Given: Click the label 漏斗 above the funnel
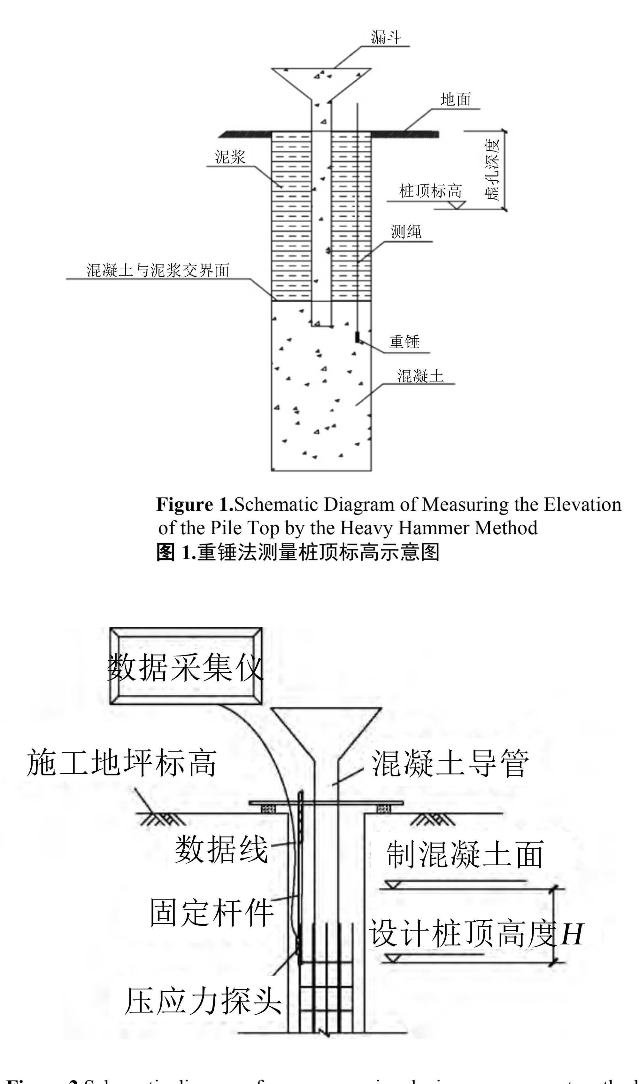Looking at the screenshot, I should click(386, 37).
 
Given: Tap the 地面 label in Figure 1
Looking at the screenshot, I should click(456, 99).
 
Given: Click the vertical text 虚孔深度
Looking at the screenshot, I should click(492, 169).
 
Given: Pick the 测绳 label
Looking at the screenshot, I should click(406, 232).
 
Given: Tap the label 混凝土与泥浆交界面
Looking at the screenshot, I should click(158, 271).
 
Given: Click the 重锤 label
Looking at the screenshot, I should click(404, 342).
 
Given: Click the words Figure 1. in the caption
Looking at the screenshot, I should click(195, 505).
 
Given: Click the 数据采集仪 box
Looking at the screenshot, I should click(186, 666).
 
